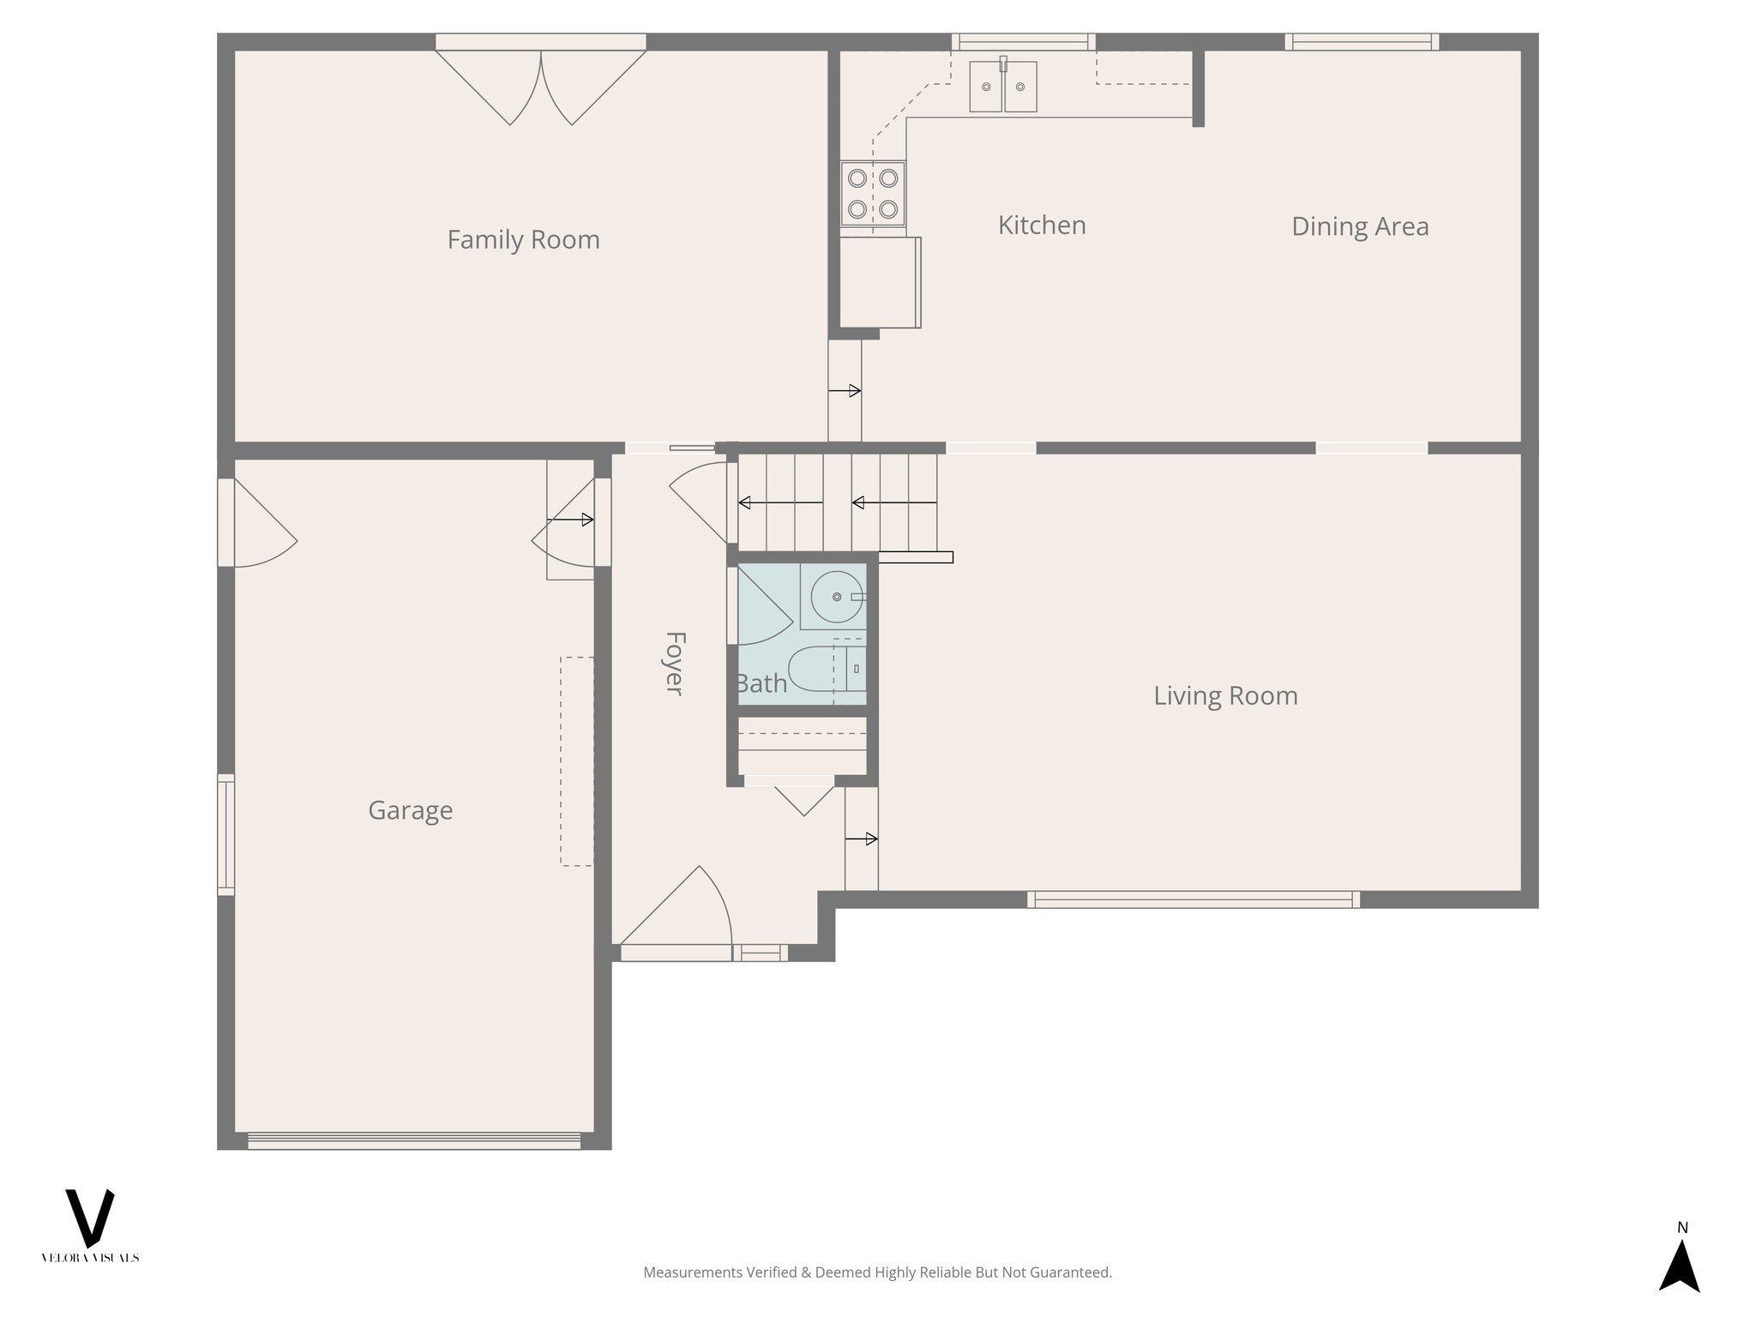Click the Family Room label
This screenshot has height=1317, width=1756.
[523, 239]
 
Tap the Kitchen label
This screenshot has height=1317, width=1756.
[1042, 226]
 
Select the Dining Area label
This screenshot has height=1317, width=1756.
[1360, 226]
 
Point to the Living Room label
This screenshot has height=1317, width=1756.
[1225, 695]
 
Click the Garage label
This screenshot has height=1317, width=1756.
[410, 810]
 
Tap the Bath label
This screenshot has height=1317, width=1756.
[761, 683]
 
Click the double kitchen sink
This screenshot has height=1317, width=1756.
[1003, 87]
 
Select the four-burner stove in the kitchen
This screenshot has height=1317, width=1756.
[873, 194]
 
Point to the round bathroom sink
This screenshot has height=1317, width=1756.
[836, 597]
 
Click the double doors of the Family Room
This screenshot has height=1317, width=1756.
[541, 86]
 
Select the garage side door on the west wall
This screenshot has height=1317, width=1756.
[257, 523]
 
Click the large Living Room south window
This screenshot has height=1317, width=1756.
[1193, 899]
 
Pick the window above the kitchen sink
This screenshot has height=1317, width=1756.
[1023, 42]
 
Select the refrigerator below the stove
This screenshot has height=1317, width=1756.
[880, 282]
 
